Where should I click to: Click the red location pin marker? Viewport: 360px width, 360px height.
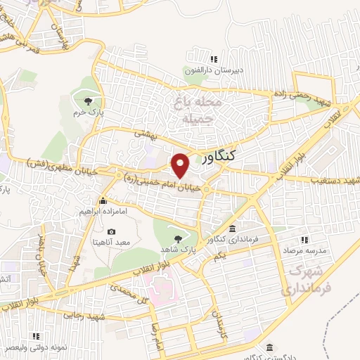(x=181, y=165)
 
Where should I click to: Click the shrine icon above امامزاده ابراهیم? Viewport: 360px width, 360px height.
(x=103, y=200)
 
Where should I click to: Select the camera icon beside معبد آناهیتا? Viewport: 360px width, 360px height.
(x=111, y=232)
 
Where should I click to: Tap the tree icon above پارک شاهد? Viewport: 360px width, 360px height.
(x=185, y=238)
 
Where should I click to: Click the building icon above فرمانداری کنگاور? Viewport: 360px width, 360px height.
(x=233, y=229)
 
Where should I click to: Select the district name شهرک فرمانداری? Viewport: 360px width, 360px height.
(x=306, y=281)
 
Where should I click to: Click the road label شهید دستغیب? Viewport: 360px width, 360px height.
(x=335, y=181)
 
